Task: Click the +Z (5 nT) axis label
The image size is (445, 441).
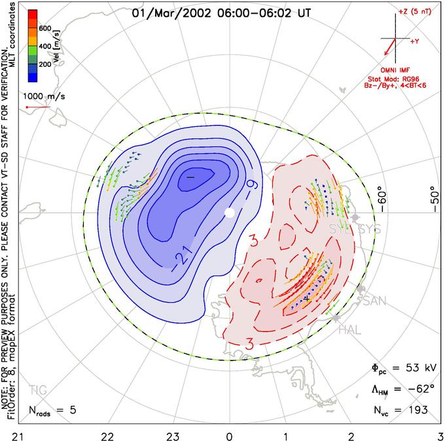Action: pos(412,12)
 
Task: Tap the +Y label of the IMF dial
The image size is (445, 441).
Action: pos(416,41)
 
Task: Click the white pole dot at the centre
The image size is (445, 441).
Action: pos(229,212)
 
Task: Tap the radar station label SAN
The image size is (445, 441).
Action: pos(374,300)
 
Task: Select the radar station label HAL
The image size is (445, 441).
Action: pos(350,330)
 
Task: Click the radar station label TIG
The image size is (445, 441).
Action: pos(39,391)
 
